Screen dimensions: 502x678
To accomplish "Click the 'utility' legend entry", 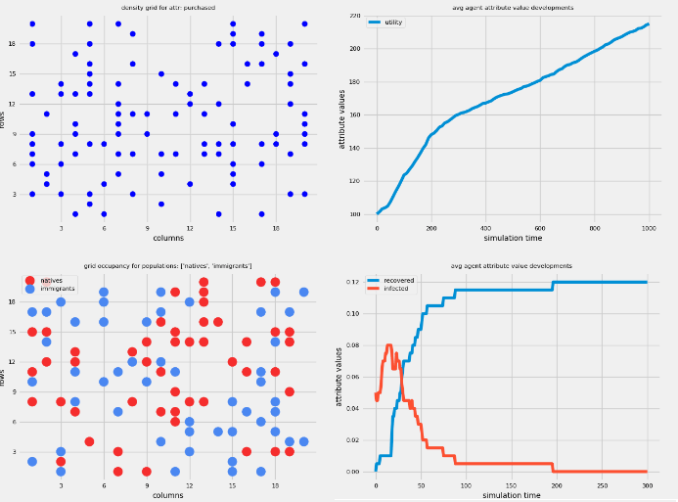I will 393,22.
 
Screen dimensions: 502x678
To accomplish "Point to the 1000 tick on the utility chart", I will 649,228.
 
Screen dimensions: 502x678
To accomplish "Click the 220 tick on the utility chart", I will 354,17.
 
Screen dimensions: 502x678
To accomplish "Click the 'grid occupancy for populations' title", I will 167,266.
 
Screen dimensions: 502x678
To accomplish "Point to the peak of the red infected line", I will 389,344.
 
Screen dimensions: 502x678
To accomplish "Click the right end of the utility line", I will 649,23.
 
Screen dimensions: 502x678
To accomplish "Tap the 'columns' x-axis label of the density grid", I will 167,238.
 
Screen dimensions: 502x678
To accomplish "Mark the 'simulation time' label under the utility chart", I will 513,239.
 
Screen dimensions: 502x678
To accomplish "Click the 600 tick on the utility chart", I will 540,228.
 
